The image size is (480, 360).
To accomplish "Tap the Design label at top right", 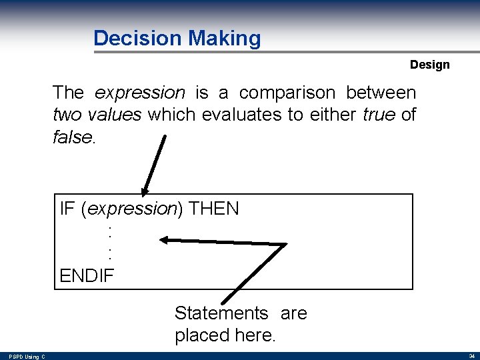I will (429, 65).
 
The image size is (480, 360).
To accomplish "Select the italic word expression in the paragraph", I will (139, 93).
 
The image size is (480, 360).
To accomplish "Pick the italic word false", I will (73, 137).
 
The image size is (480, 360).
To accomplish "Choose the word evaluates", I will (241, 115).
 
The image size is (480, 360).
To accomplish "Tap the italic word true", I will (379, 115).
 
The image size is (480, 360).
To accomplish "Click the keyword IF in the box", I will (67, 209).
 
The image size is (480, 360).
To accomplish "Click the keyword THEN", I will (213, 209).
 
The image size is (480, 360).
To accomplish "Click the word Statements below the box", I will (221, 313).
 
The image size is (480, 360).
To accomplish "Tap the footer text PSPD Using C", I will (27, 356).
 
